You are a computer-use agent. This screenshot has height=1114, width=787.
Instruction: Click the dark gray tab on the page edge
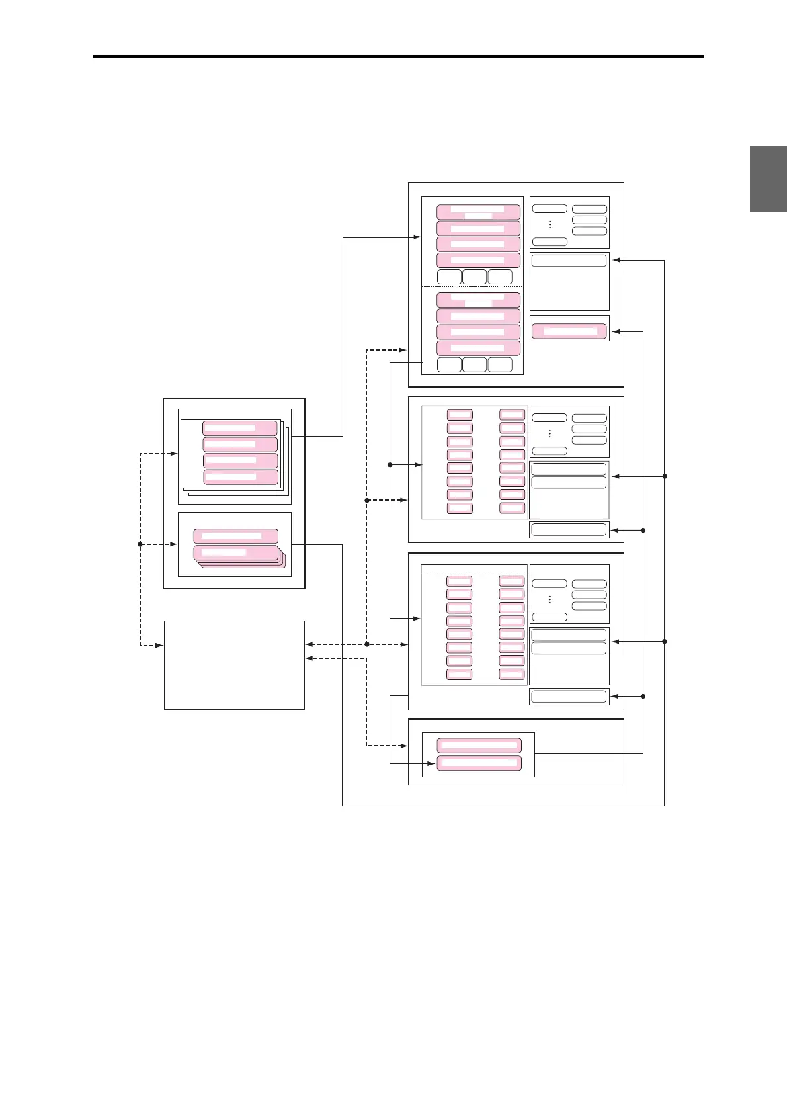pyautogui.click(x=768, y=179)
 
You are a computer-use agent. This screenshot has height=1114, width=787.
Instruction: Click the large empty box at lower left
pyautogui.click(x=234, y=665)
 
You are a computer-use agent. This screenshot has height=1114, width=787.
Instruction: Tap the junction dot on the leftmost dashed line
pyautogui.click(x=140, y=544)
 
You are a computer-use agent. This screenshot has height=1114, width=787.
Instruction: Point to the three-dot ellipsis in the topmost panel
pyautogui.click(x=550, y=225)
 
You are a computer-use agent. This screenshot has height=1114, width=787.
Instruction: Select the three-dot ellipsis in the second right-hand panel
pyautogui.click(x=550, y=434)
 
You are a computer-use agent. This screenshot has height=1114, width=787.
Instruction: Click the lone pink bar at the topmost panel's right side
pyautogui.click(x=569, y=331)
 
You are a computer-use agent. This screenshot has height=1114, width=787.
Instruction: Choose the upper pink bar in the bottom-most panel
pyautogui.click(x=479, y=745)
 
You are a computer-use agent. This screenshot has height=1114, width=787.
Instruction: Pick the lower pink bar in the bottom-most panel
pyautogui.click(x=479, y=763)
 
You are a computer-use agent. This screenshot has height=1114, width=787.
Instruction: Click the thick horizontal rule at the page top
pyautogui.click(x=398, y=56)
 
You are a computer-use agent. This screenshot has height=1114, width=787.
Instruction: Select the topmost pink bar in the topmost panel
pyautogui.click(x=478, y=212)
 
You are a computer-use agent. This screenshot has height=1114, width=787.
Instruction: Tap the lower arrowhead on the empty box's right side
pyautogui.click(x=309, y=658)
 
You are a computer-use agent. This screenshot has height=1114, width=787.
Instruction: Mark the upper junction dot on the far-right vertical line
pyautogui.click(x=665, y=476)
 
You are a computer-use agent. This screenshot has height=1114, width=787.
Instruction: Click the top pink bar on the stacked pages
pyautogui.click(x=239, y=428)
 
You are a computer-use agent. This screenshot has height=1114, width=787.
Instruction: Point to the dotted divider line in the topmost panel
pyautogui.click(x=472, y=286)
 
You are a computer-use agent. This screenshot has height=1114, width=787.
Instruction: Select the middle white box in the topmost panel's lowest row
pyautogui.click(x=474, y=364)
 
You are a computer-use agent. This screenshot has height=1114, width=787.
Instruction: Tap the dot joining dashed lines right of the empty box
pyautogui.click(x=367, y=644)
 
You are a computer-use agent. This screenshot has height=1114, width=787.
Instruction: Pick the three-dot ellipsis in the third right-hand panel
pyautogui.click(x=550, y=600)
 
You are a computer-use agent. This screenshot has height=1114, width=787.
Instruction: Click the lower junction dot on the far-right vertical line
pyautogui.click(x=665, y=641)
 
